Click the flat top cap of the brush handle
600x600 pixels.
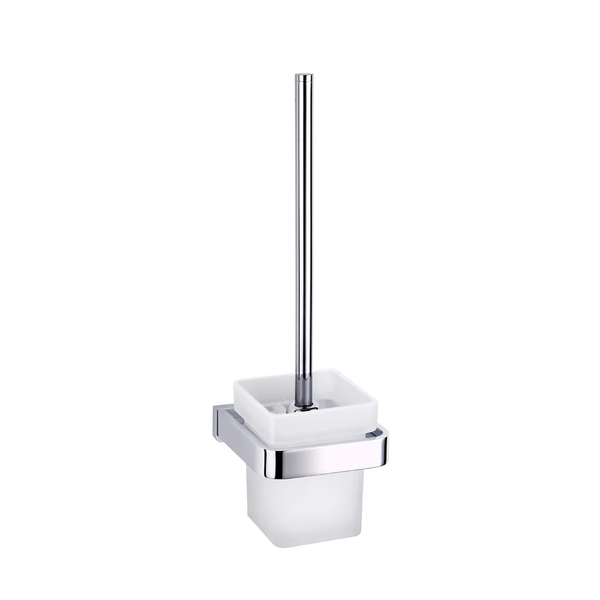pos(304,75)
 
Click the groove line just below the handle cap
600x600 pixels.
pos(304,80)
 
